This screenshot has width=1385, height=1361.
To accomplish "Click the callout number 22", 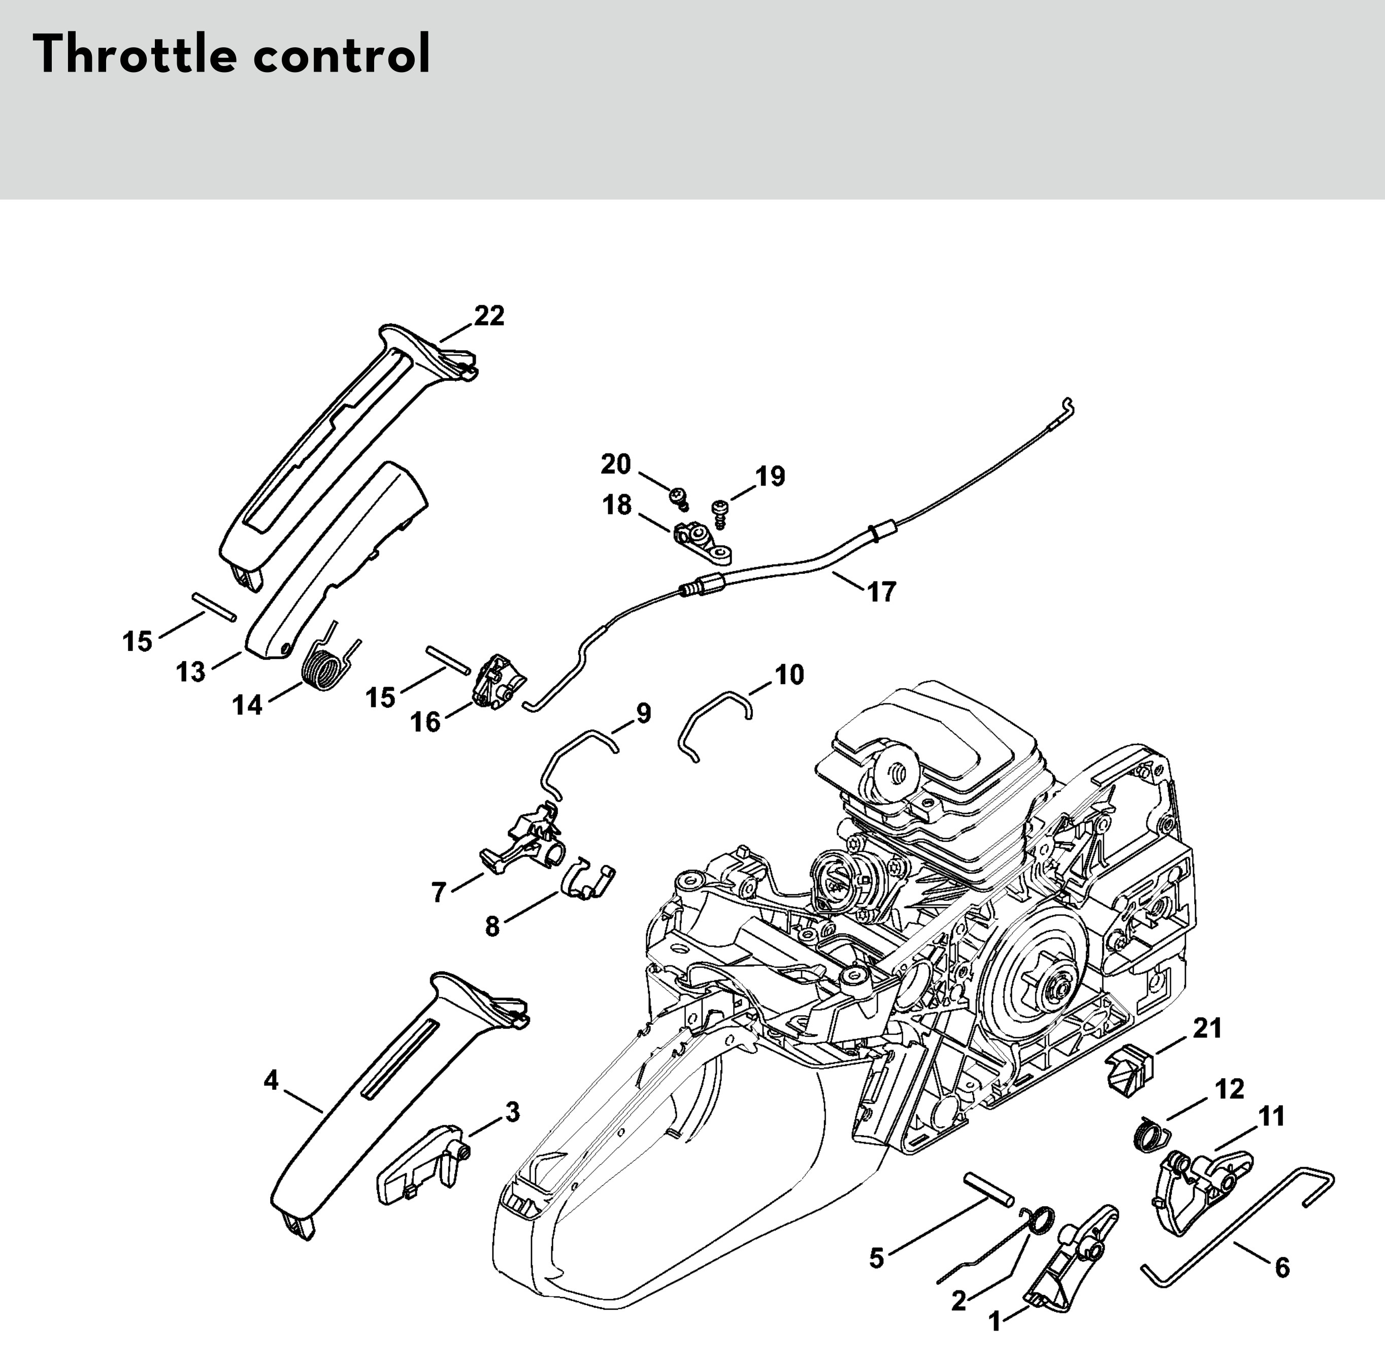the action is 489,316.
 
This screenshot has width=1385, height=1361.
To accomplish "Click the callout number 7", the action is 439,892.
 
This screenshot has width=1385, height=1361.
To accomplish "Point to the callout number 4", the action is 271,1081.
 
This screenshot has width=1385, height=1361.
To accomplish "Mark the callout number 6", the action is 1282,1268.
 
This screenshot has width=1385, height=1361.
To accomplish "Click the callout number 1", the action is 995,1322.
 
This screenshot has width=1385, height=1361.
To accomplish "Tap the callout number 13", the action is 191,672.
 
